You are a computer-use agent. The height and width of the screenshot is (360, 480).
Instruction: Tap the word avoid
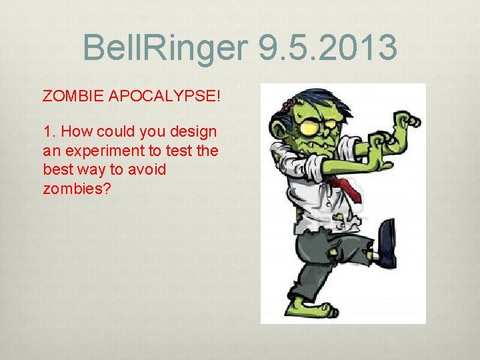pos(147,169)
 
